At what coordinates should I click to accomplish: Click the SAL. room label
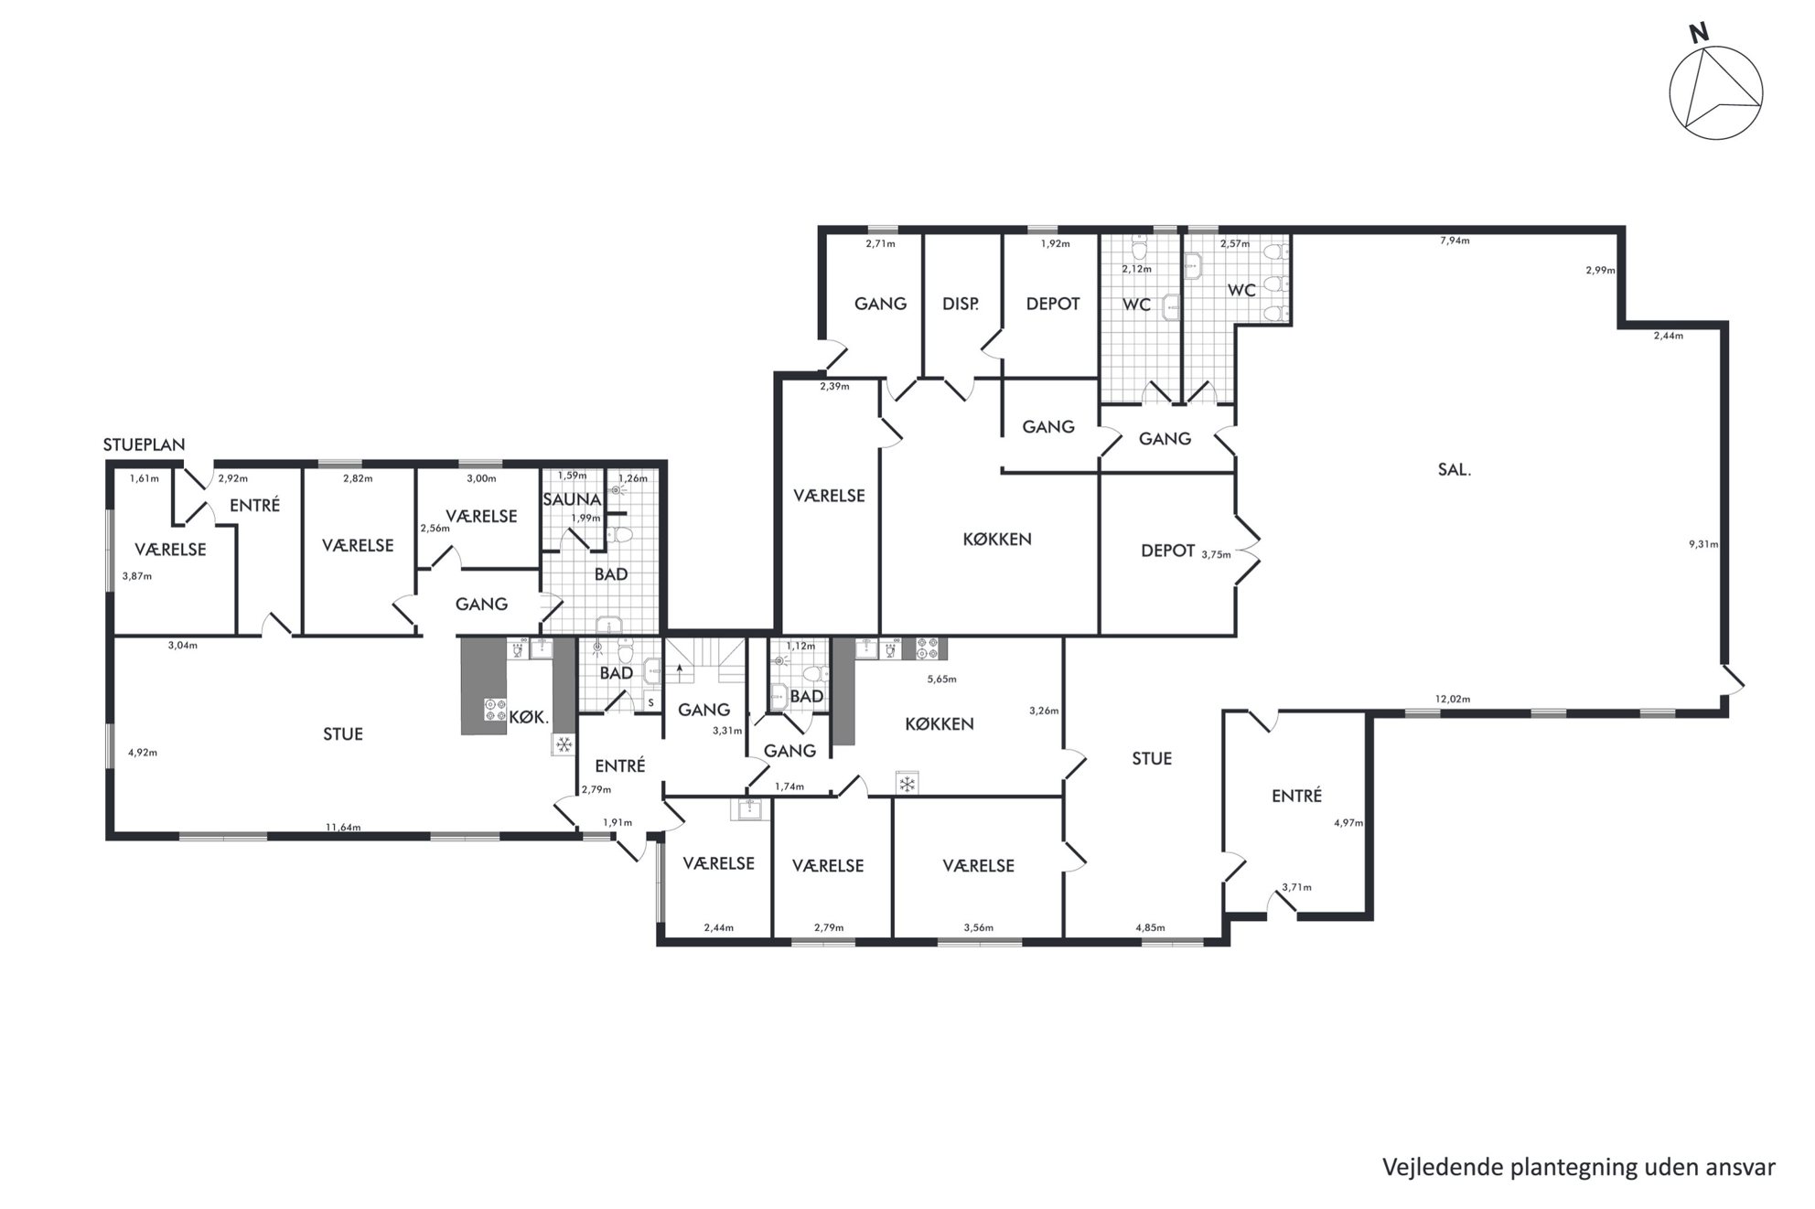pos(1454,471)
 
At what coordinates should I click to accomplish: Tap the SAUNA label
pos(572,499)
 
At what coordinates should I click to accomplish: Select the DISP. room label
pos(961,304)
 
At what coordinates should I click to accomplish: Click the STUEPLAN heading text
pos(145,445)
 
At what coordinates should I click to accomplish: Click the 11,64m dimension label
pos(343,828)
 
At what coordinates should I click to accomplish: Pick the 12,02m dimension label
pos(1453,700)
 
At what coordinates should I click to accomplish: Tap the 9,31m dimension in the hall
pos(1703,544)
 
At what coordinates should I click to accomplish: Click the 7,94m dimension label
pos(1455,241)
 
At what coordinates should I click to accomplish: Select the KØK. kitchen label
pos(528,719)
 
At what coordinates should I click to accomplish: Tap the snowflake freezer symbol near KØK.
pos(564,745)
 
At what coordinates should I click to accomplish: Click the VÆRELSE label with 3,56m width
pos(978,866)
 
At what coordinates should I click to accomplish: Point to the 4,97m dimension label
pos(1348,823)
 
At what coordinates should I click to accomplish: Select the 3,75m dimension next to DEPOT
pos(1216,554)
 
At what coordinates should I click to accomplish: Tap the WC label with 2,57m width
pos(1241,290)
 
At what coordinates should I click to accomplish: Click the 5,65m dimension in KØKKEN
pos(941,679)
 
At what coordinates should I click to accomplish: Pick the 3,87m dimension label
pos(136,576)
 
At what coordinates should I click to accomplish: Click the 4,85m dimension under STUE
pos(1150,928)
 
